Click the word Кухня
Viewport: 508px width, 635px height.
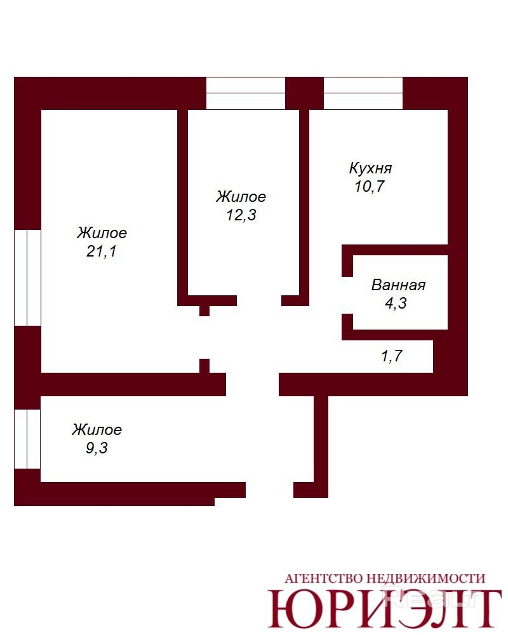370,168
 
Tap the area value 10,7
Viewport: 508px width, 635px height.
370,186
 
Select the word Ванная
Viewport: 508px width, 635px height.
398,285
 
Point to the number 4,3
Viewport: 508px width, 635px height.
396,304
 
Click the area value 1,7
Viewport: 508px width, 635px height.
392,356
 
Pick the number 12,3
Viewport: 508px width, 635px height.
241,215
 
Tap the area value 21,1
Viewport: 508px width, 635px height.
101,251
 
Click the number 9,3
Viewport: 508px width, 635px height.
97,448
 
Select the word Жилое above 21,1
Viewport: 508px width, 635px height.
102,233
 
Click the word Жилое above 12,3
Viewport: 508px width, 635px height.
241,196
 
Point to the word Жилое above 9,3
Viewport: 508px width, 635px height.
97,430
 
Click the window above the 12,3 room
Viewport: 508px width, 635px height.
246,93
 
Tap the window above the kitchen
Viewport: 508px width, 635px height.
363,93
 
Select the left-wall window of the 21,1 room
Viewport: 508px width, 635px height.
27,277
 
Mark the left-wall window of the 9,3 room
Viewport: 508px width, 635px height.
27,439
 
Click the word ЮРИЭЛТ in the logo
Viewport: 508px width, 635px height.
384,609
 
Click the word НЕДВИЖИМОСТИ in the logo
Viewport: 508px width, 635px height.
425,578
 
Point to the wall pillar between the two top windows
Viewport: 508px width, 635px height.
305,93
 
